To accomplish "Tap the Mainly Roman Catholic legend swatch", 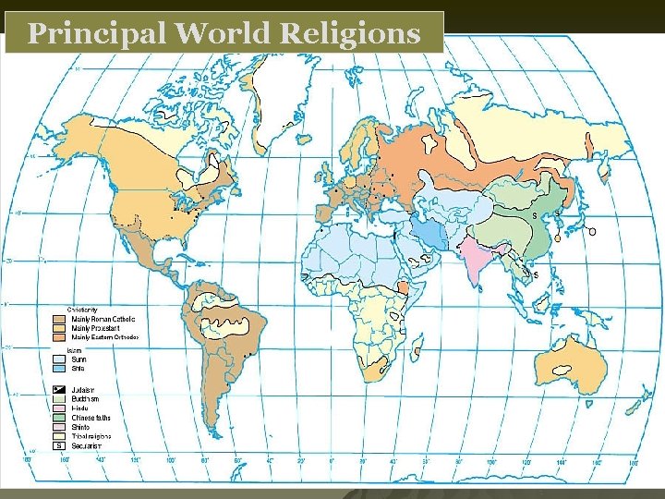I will click(59, 319).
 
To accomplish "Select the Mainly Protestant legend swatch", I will click(59, 328).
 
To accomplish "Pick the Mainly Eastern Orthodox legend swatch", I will click(59, 337).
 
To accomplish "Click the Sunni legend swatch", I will click(59, 359).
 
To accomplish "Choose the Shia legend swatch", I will click(59, 368).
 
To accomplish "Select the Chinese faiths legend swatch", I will click(59, 417).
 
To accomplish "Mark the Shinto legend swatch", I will click(59, 426).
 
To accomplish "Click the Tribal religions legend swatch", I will click(59, 435).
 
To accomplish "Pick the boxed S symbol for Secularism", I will click(59, 445).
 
